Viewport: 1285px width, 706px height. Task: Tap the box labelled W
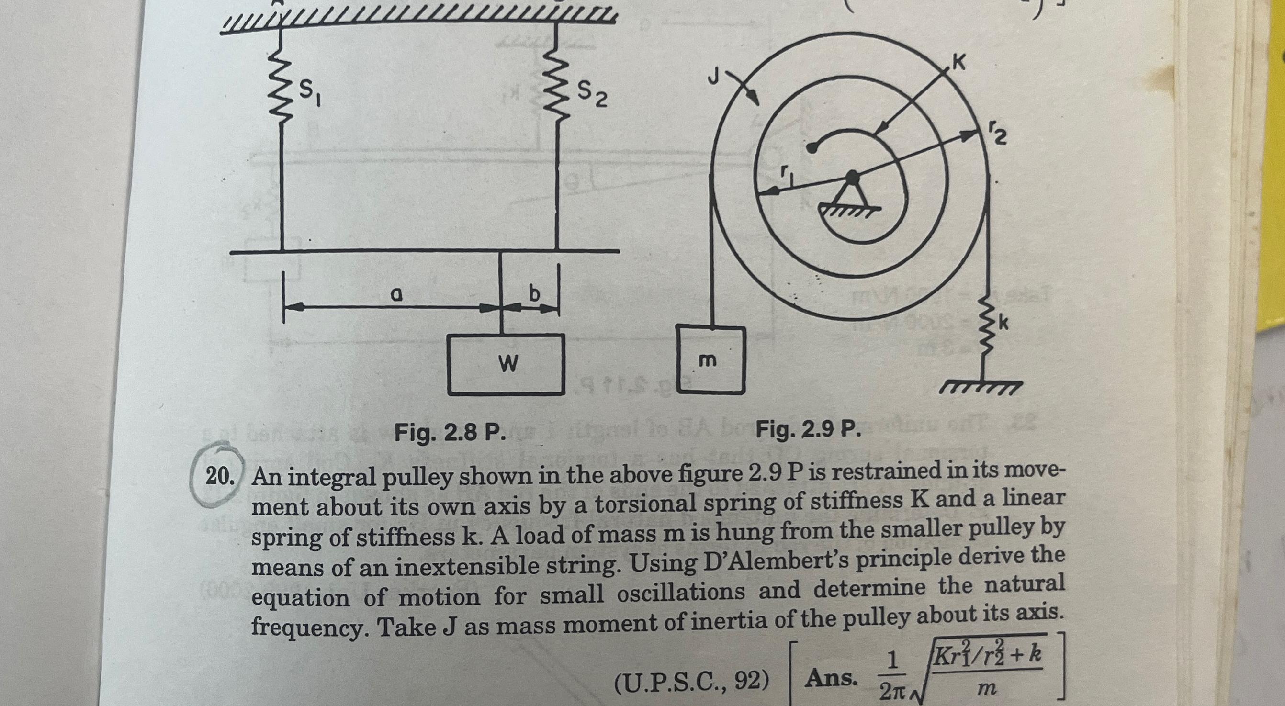pos(506,364)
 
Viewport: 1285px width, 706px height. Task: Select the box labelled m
pos(710,359)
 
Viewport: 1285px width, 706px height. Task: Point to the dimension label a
pos(395,296)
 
